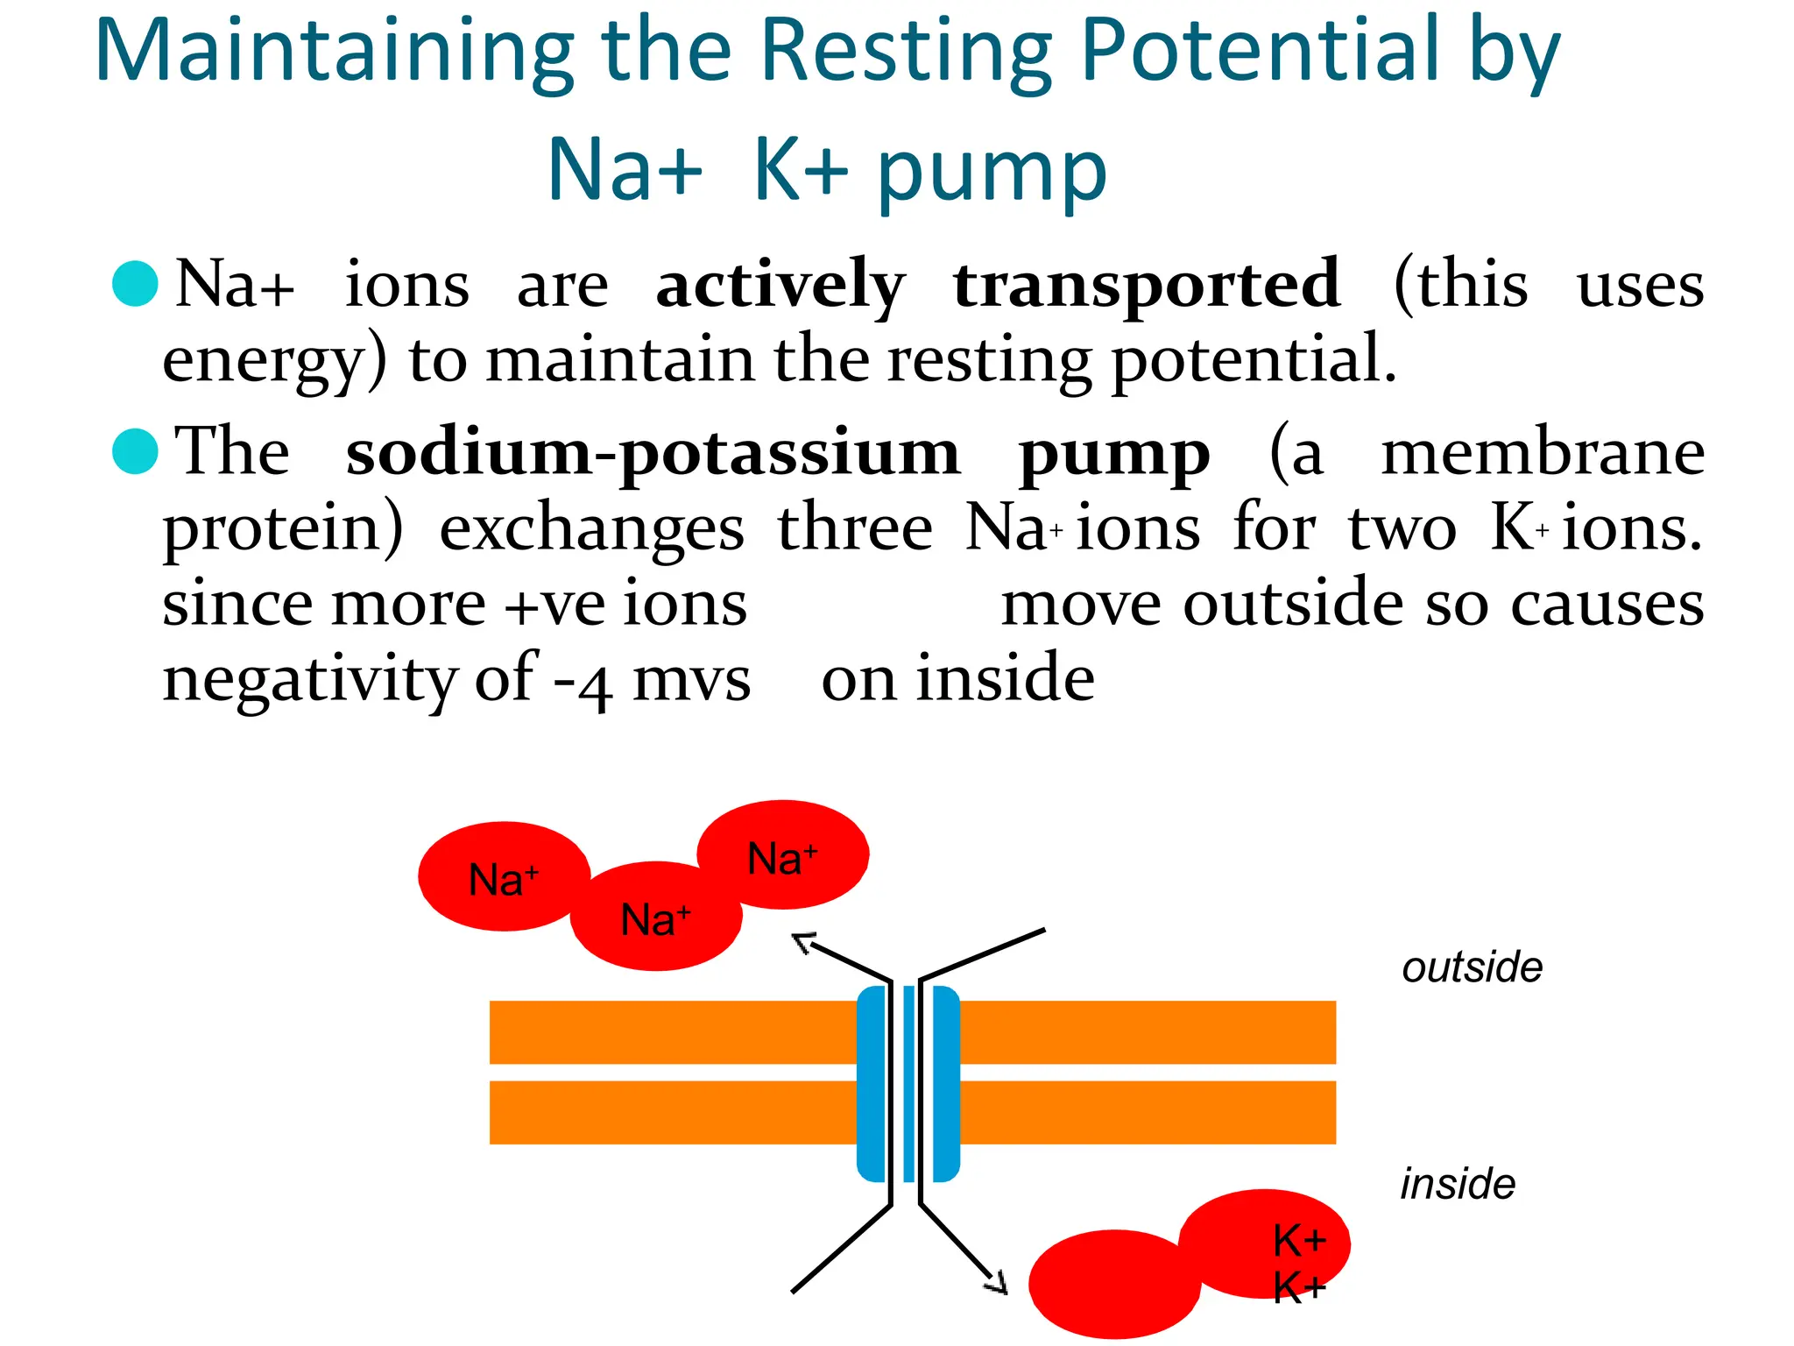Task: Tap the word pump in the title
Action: tap(992, 172)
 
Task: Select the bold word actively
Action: tap(780, 286)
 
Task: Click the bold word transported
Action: tap(1147, 286)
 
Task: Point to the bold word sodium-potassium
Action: tap(653, 453)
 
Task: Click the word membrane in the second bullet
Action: tap(1543, 453)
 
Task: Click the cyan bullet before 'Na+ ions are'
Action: tap(136, 284)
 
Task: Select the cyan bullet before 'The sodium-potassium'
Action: tap(136, 451)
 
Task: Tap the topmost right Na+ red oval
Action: tap(782, 854)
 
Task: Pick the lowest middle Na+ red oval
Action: tap(655, 918)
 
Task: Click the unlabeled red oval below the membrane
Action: tap(1112, 1284)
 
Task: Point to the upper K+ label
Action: tap(1299, 1241)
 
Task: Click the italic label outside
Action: tap(1472, 968)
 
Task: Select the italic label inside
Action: tap(1458, 1185)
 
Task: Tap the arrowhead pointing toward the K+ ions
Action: tap(998, 1284)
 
